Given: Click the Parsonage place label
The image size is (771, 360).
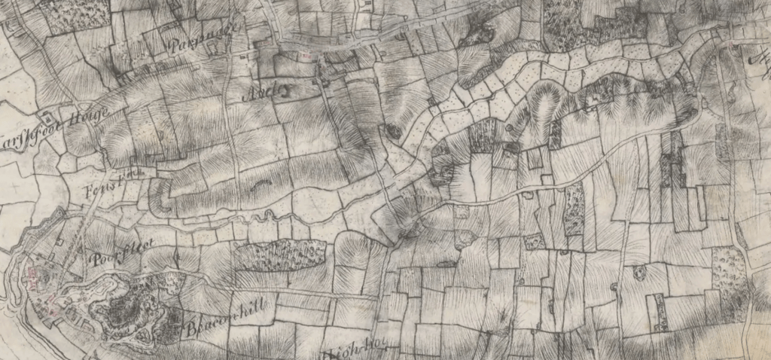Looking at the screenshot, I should [x=202, y=35].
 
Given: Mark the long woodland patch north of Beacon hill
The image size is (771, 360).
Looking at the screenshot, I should [x=280, y=255].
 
